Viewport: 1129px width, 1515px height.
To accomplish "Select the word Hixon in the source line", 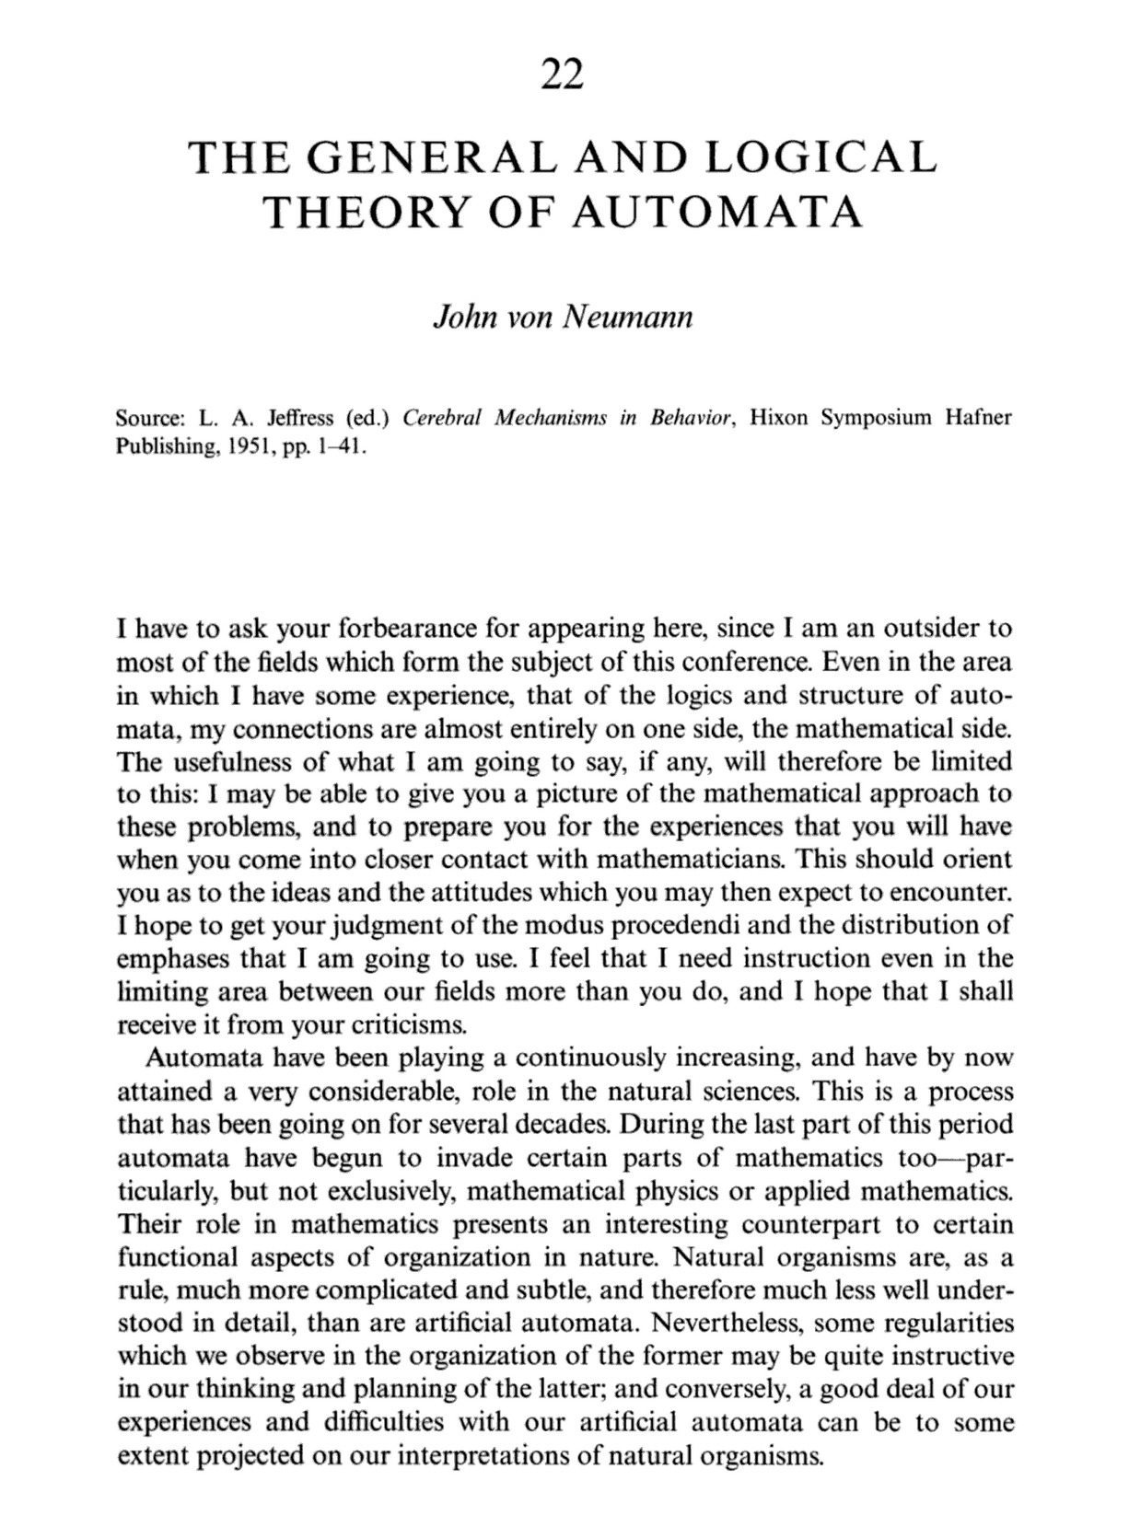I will (778, 418).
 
